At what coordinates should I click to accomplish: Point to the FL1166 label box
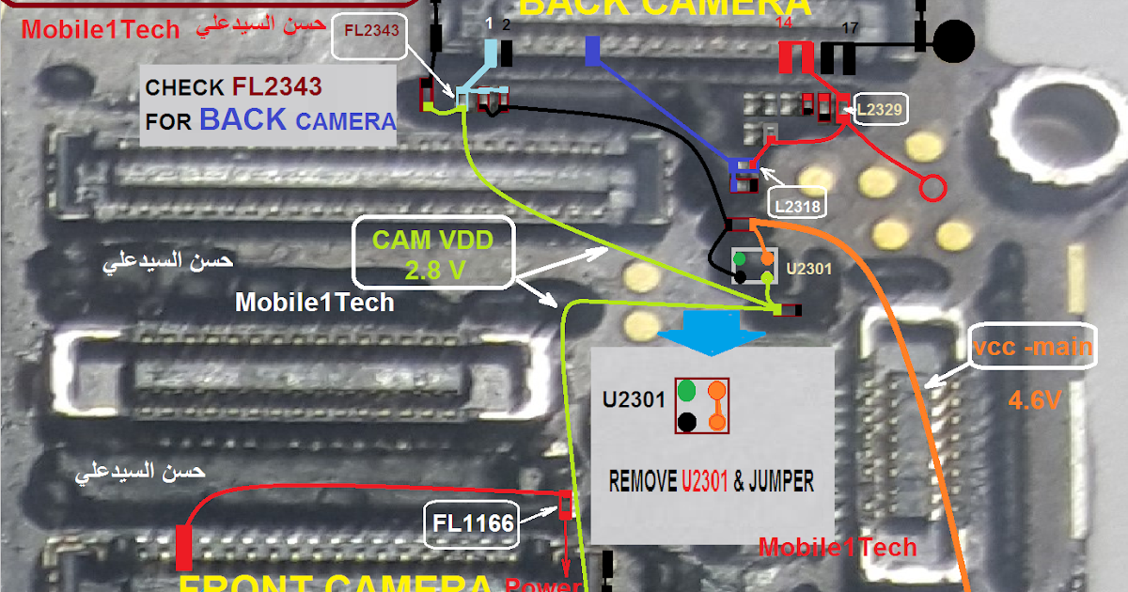pyautogui.click(x=476, y=522)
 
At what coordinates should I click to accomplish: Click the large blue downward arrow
pyautogui.click(x=711, y=333)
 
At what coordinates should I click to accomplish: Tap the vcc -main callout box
pyautogui.click(x=1033, y=348)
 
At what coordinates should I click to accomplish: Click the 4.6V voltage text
pyautogui.click(x=1035, y=400)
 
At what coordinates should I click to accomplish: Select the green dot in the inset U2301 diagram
pyautogui.click(x=687, y=390)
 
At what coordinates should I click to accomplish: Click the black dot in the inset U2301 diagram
pyautogui.click(x=687, y=422)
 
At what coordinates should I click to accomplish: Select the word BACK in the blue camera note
pyautogui.click(x=243, y=120)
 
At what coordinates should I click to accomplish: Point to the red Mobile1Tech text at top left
pyautogui.click(x=100, y=29)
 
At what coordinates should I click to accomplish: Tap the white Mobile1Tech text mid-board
pyautogui.click(x=314, y=303)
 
